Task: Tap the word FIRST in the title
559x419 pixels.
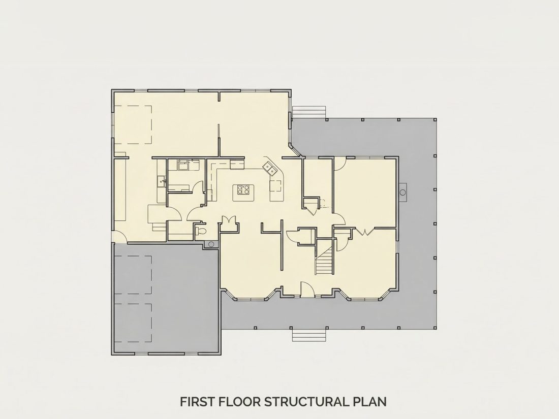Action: (197, 402)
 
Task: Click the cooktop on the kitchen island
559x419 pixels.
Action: (243, 189)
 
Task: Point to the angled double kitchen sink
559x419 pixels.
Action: (270, 168)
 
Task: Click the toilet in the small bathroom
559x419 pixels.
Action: (201, 231)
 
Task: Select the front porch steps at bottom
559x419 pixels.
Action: (309, 335)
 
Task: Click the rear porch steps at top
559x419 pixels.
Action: (309, 111)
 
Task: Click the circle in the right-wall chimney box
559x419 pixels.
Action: (403, 192)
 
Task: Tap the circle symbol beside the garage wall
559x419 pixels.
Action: (211, 244)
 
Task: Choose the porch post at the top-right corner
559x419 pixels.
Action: (435, 120)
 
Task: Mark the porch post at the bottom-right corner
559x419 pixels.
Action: (435, 328)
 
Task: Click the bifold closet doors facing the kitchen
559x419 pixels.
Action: (229, 220)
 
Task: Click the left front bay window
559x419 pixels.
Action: (250, 293)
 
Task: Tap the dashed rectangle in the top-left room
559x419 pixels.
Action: (134, 124)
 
